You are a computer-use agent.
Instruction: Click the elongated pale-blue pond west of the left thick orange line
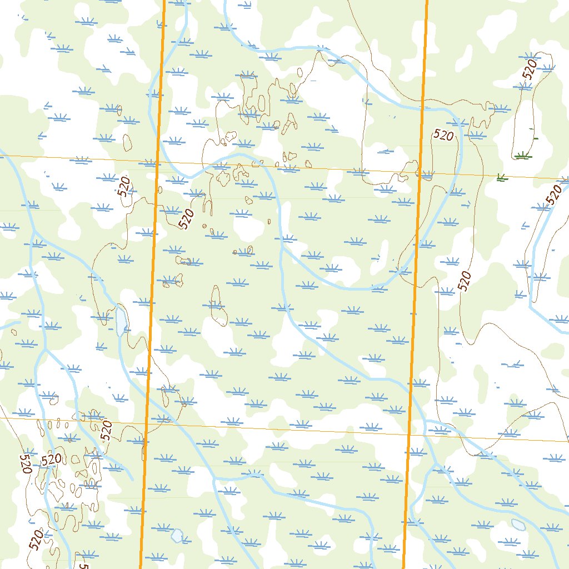pos(121,322)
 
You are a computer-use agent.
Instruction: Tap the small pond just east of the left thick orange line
pos(177,536)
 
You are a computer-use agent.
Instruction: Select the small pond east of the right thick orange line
pos(518,525)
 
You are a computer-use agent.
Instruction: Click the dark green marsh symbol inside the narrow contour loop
pos(521,156)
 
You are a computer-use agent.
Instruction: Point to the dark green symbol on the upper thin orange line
pos(502,178)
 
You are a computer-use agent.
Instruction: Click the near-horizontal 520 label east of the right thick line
pos(443,134)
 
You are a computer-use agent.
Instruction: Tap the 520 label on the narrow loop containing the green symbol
pos(530,69)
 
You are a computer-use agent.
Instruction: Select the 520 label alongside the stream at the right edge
pos(553,194)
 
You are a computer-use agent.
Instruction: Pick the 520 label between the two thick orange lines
pos(187,218)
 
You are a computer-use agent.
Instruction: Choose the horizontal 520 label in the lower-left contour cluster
pos(51,460)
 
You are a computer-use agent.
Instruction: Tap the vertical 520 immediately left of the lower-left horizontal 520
pos(26,464)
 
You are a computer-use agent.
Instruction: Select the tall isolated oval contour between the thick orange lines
pos(218,306)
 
